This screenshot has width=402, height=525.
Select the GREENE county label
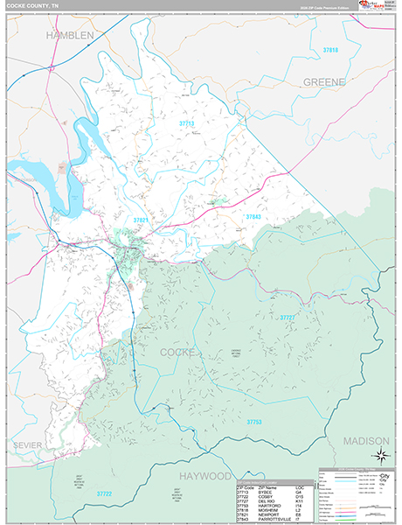(324, 81)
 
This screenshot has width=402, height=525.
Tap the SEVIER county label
(27, 445)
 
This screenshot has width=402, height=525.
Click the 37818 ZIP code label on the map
(330, 52)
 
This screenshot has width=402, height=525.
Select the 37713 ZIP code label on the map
(187, 124)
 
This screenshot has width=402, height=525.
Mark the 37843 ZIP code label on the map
(253, 215)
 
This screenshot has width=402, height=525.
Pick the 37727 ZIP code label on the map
(288, 317)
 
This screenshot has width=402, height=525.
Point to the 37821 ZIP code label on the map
(142, 220)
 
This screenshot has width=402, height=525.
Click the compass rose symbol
(381, 453)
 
